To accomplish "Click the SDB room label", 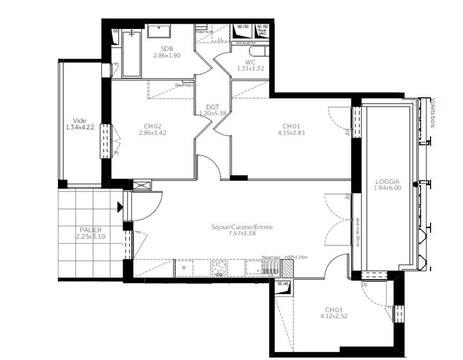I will [167, 49].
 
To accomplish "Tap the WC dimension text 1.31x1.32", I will [250, 69].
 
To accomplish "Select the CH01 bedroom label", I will [291, 126].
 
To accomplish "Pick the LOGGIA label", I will [388, 181].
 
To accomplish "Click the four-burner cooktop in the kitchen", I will [219, 267].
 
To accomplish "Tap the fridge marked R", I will [184, 268].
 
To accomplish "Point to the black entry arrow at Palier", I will [120, 207].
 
